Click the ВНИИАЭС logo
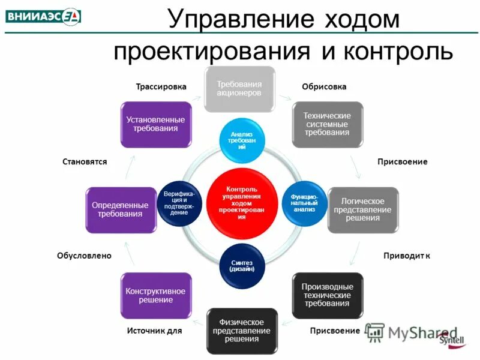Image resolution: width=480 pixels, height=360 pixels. pyautogui.click(x=43, y=16)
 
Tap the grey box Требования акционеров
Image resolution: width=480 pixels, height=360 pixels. pyautogui.click(x=239, y=89)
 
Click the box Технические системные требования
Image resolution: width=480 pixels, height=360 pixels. pyautogui.click(x=327, y=124)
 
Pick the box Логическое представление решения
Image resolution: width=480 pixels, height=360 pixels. pyautogui.click(x=362, y=210)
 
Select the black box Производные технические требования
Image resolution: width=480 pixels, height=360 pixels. pyautogui.click(x=327, y=295)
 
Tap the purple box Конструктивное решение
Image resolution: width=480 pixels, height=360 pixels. pyautogui.click(x=155, y=295)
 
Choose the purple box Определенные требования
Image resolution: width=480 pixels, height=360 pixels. pyautogui.click(x=120, y=210)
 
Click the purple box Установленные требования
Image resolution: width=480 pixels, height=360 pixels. pyautogui.click(x=155, y=124)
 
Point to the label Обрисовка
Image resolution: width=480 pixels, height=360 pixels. pyautogui.click(x=324, y=87)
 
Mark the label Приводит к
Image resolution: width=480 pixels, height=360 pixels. pyautogui.click(x=407, y=256)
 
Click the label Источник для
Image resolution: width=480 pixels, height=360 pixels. pyautogui.click(x=154, y=331)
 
